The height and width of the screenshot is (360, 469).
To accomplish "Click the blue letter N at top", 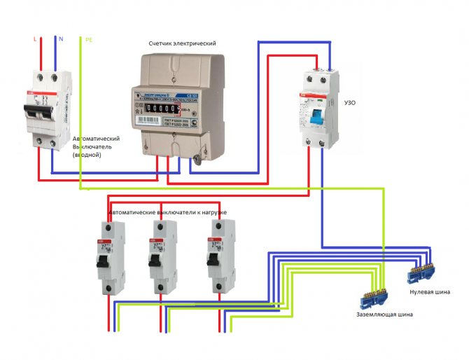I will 61,39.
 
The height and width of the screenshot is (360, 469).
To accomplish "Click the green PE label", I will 89,40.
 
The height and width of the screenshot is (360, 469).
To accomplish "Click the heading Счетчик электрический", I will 182,43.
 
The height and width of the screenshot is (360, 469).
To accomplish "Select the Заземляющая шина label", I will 384,315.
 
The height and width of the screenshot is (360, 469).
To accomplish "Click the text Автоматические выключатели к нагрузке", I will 167,212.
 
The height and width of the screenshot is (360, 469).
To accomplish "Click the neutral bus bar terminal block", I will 421,271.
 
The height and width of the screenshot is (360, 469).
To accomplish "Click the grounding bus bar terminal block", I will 370,297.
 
